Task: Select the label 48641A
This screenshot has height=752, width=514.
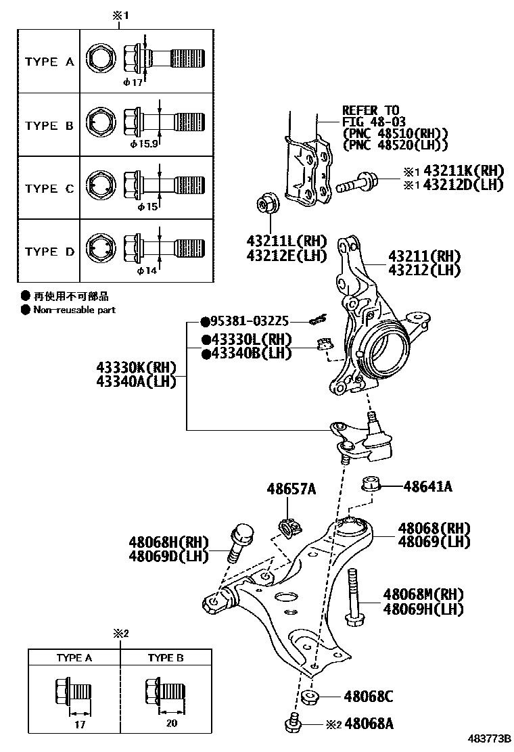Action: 427,486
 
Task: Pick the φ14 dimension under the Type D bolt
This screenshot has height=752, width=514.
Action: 146,271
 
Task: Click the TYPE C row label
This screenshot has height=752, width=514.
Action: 49,189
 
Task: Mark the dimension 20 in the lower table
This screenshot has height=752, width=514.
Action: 171,722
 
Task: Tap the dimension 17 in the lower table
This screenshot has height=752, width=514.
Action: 79,722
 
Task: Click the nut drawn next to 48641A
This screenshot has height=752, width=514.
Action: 370,484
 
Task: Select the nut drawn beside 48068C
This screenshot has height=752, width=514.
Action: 309,697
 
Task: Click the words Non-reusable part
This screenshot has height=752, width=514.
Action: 74,310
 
